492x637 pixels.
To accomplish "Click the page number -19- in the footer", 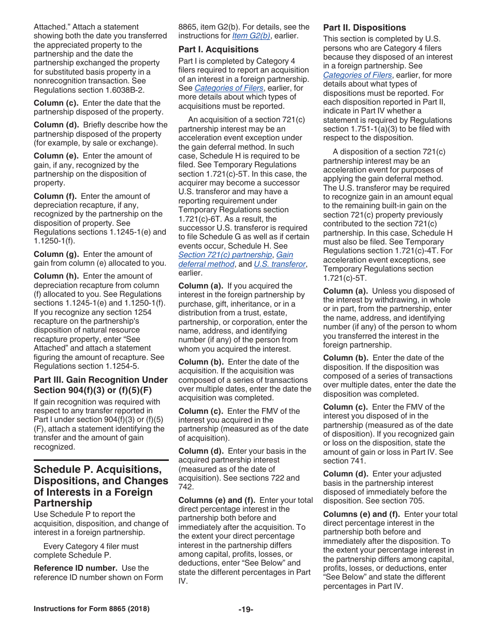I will [245, 609].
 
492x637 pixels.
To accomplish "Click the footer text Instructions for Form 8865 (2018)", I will [92, 609].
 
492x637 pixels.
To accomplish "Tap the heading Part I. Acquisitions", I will [218, 50].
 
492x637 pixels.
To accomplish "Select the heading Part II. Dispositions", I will [365, 28].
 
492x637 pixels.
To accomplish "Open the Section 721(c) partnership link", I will [225, 255].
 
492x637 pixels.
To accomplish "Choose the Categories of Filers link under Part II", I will [357, 75].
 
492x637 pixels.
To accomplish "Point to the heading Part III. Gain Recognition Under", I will [100, 380].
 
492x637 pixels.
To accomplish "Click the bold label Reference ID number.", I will [75, 568].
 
